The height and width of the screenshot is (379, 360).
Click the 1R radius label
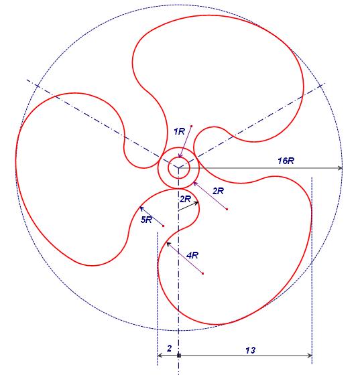[179, 131]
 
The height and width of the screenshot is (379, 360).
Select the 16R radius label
[286, 161]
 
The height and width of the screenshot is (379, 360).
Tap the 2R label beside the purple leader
[219, 192]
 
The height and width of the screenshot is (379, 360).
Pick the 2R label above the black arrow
[185, 199]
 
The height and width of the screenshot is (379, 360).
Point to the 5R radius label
[146, 220]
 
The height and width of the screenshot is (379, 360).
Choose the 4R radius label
[192, 255]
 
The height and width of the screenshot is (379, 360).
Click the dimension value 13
[251, 350]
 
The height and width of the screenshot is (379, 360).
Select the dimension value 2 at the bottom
[169, 348]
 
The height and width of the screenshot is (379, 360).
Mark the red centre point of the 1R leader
[191, 126]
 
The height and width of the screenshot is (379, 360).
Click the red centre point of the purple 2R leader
[227, 209]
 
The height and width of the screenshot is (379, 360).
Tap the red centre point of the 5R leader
[164, 226]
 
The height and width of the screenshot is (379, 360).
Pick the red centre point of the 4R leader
[202, 273]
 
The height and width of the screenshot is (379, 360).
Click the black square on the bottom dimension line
[179, 356]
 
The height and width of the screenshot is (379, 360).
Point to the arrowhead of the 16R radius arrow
[340, 168]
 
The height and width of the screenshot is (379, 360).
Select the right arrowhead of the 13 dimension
[309, 356]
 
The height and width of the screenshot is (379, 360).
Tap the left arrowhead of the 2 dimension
[160, 356]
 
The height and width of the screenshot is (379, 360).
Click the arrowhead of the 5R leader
[141, 208]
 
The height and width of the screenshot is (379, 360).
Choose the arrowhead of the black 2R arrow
[196, 204]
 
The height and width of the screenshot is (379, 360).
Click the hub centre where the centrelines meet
[178, 168]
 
